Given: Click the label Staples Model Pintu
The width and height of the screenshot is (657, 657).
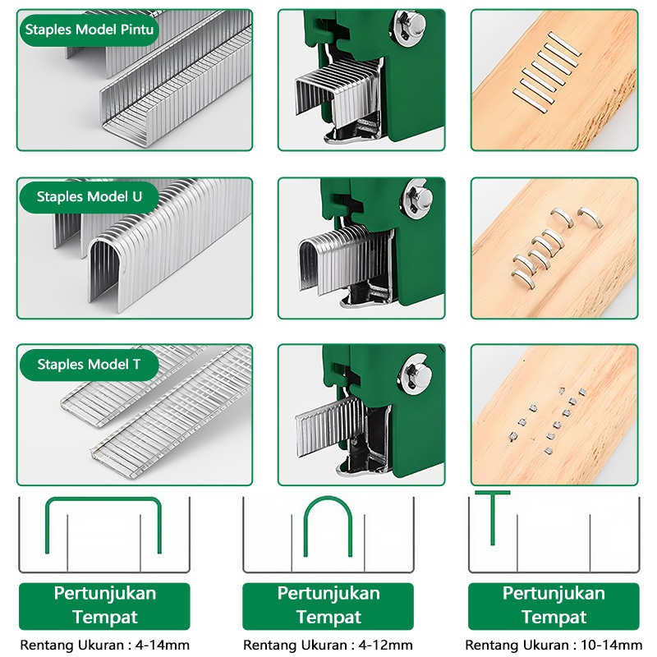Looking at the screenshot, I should (x=90, y=30).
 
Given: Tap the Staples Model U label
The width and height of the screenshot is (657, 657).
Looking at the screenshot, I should (x=90, y=197).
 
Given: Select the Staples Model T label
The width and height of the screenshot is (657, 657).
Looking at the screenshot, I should (x=89, y=365).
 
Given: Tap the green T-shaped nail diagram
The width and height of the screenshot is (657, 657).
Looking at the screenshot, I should (x=493, y=513).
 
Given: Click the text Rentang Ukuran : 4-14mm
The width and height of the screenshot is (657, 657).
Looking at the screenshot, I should (x=104, y=645).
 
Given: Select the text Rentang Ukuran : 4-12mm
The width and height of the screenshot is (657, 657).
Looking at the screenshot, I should (x=328, y=645).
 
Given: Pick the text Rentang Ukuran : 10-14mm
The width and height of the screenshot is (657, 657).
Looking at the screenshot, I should (x=553, y=645).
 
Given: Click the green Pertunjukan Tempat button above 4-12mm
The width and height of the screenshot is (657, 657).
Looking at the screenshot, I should (x=328, y=606).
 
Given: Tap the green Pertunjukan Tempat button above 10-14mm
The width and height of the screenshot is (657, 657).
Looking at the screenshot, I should (x=554, y=606).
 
